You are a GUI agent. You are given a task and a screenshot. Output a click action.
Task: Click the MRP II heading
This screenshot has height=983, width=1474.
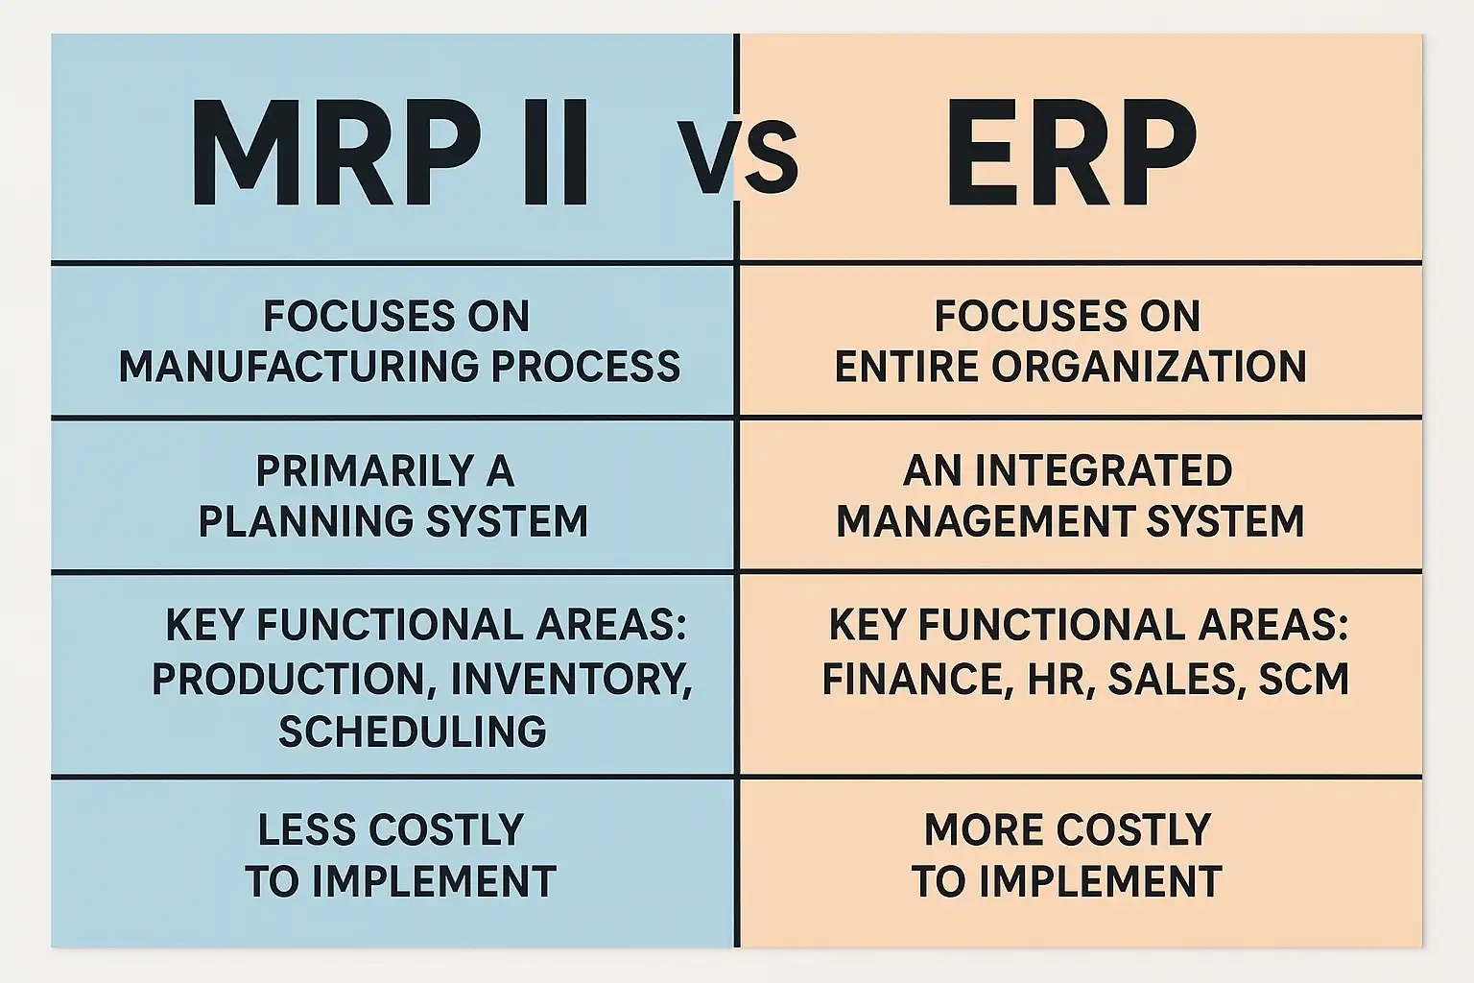(x=389, y=154)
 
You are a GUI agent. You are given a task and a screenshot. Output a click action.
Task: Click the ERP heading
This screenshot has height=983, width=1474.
(x=1071, y=154)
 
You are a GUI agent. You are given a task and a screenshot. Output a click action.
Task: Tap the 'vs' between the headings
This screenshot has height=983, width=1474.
(x=737, y=157)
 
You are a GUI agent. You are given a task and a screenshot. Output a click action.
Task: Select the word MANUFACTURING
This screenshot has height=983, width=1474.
(x=298, y=367)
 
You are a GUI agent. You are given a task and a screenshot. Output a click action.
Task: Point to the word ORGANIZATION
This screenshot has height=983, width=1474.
(x=1149, y=367)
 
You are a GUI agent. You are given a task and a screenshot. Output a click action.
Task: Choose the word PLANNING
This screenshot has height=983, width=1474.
(x=306, y=521)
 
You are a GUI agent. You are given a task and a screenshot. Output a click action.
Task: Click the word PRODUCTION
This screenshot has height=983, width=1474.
(x=293, y=679)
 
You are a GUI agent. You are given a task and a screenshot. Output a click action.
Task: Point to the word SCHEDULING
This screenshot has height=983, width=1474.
(x=413, y=731)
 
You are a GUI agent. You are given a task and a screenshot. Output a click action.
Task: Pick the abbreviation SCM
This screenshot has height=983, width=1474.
(x=1303, y=679)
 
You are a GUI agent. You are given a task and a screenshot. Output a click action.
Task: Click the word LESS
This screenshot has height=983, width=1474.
(x=307, y=829)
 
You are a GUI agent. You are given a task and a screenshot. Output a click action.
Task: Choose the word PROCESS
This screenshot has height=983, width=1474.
(x=585, y=367)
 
